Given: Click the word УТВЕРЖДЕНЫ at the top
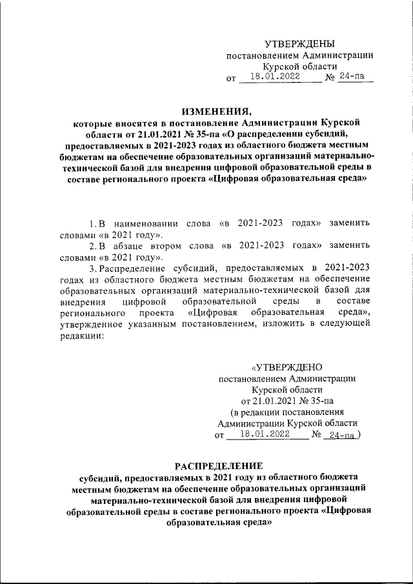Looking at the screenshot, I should pyautogui.click(x=300, y=44).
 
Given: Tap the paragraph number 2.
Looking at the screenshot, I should pyautogui.click(x=92, y=245).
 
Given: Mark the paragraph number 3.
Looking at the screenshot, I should pyautogui.click(x=92, y=268).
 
